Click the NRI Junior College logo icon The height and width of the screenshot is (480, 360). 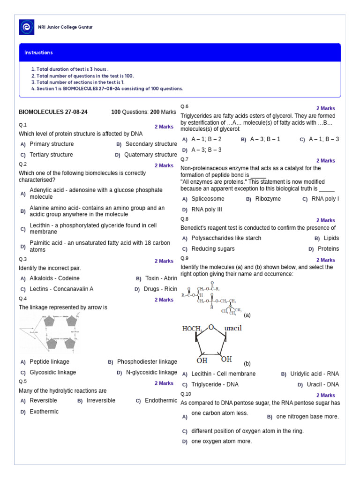[26, 27]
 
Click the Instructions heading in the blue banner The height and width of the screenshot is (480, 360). [38, 52]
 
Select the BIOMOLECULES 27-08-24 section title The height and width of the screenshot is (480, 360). [53, 112]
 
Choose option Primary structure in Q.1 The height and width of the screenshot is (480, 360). [51, 144]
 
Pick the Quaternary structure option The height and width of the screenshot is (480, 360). [150, 155]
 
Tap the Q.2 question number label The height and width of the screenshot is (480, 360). [23, 164]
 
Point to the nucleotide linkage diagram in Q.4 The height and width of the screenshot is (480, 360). [49, 333]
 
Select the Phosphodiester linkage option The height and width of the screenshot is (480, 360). [147, 362]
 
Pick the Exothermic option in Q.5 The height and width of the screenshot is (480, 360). [44, 412]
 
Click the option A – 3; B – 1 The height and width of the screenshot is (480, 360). [265, 139]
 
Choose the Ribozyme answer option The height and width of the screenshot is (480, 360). [268, 199]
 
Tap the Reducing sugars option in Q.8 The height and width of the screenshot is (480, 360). [213, 249]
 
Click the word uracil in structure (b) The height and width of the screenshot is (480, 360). [232, 328]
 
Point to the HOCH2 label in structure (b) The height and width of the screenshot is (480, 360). [192, 329]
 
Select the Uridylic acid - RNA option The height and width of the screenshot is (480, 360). [314, 374]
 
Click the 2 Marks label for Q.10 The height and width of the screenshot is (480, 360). [325, 395]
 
